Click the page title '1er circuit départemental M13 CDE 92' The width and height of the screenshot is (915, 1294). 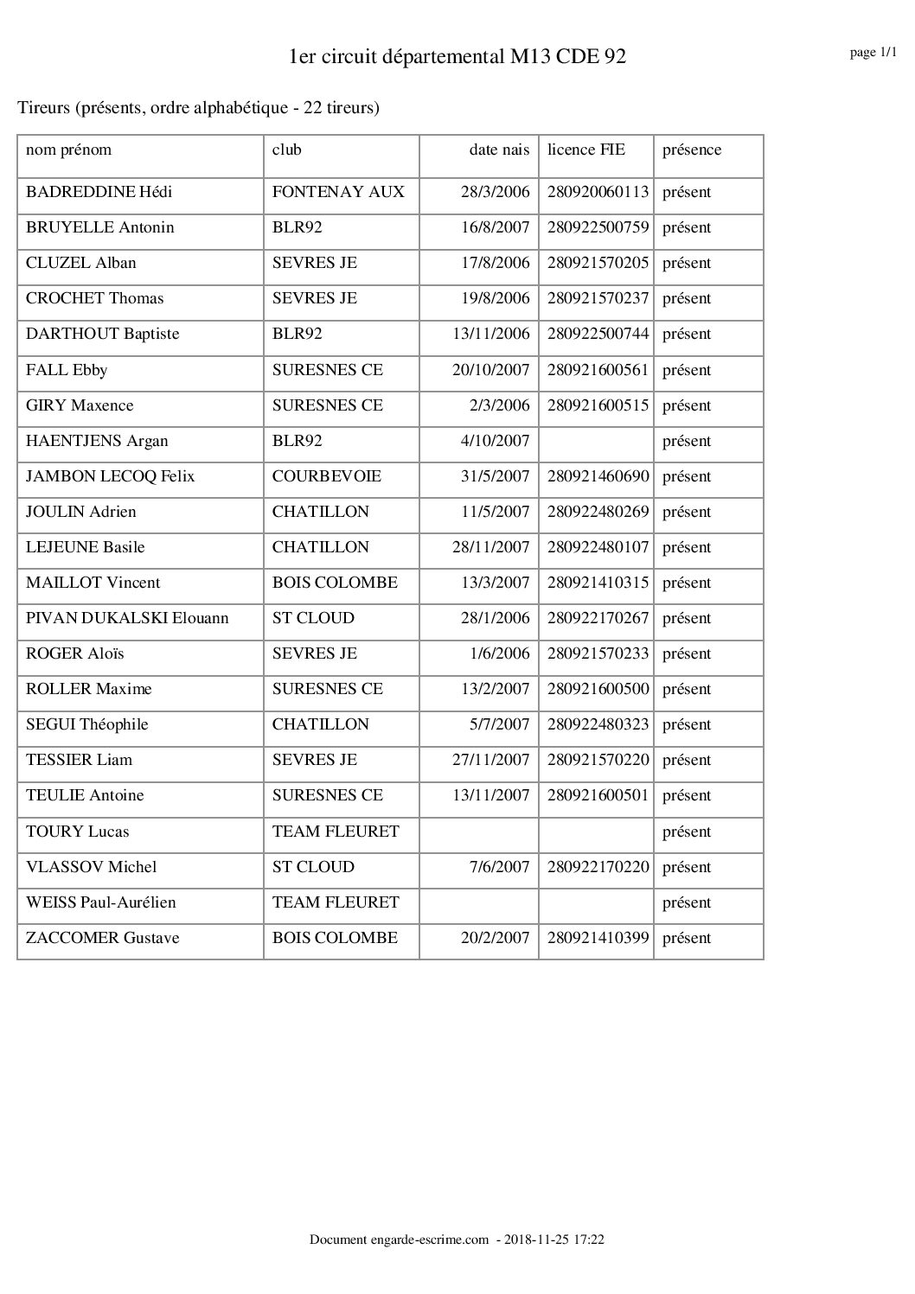click(457, 57)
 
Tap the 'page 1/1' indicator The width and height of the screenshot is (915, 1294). click(873, 53)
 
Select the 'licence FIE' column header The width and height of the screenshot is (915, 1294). click(585, 150)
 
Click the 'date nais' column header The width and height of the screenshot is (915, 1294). click(499, 150)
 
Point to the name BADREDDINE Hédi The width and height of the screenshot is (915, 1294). click(99, 192)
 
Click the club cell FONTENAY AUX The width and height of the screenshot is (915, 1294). click(338, 192)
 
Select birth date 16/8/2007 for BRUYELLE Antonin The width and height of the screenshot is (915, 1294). click(495, 227)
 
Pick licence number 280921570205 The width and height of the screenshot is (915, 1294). click(598, 263)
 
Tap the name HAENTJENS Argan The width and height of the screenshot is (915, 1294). click(97, 441)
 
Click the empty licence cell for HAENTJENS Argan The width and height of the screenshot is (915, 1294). click(596, 441)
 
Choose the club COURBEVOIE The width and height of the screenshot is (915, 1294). click(326, 476)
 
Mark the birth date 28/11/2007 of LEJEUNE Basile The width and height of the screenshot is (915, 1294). click(490, 547)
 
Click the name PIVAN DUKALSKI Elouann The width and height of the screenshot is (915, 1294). click(127, 618)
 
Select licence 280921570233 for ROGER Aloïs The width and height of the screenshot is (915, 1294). click(598, 653)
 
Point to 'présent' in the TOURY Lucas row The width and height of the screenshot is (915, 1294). click(687, 832)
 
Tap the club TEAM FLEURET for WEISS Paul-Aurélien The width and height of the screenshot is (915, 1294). click(336, 902)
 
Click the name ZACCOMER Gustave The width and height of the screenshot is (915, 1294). click(102, 938)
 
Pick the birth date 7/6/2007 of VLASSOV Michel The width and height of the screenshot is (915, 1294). click(499, 867)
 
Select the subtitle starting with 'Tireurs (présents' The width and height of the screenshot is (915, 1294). click(198, 108)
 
